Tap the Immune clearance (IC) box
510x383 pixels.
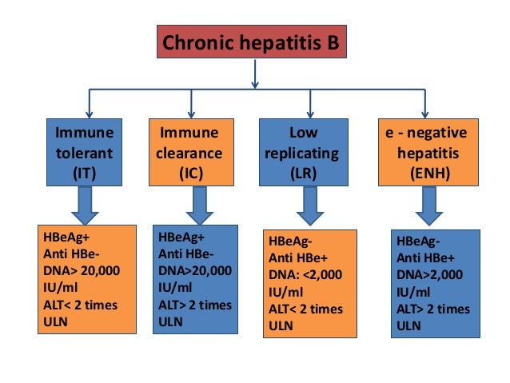point(191,153)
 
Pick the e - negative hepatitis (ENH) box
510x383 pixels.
point(424,153)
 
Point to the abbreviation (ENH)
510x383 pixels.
point(424,172)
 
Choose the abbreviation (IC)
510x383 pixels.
point(191,172)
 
